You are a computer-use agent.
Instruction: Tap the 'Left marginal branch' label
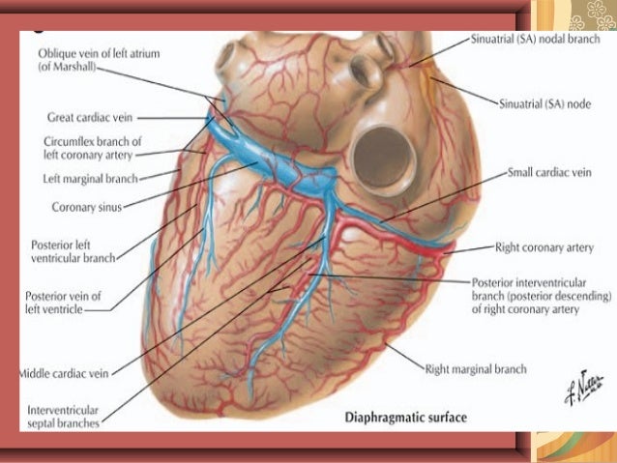point(92,178)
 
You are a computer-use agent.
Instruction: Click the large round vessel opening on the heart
point(378,155)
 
